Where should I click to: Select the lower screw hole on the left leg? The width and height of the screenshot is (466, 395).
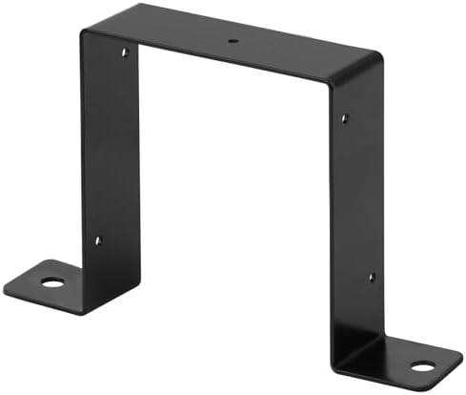coord(97,240)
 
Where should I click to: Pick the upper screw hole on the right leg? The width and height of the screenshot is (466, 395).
coord(344,118)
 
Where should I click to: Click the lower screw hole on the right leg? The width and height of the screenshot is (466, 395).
coord(372,278)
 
